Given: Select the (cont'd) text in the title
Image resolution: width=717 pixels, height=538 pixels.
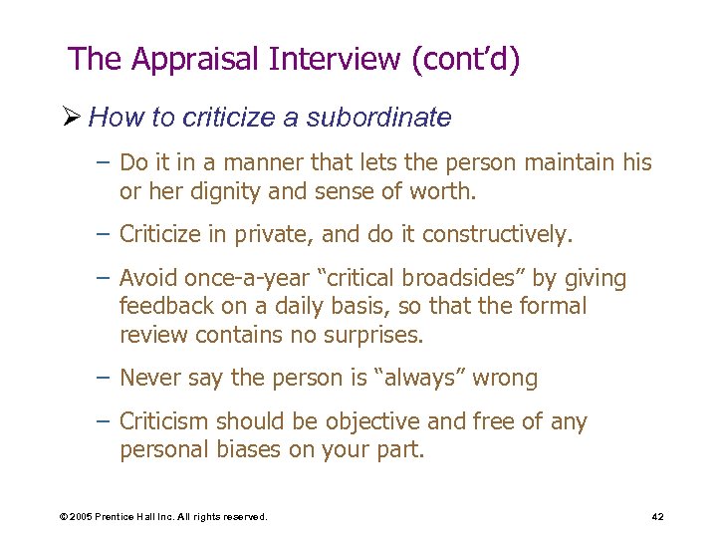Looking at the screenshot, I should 464,60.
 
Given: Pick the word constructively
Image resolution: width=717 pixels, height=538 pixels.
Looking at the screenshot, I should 496,234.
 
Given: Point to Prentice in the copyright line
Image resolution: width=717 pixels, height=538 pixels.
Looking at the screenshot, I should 121,517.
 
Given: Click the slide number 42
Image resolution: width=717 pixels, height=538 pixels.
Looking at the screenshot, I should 657,517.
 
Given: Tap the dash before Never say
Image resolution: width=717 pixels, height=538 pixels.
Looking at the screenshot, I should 105,379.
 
